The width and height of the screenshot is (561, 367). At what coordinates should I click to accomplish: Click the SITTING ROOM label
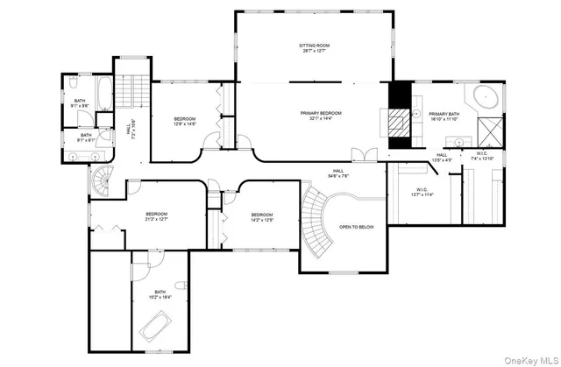point(313,46)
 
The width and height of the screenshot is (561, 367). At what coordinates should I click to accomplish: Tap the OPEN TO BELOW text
point(357,226)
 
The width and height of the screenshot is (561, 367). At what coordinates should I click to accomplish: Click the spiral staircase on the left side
point(100,181)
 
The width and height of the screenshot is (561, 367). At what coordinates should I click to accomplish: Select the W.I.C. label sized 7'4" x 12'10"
point(483,155)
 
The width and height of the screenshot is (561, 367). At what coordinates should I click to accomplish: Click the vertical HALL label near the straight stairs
point(128,129)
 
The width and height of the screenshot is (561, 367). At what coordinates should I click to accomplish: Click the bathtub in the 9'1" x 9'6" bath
point(102,93)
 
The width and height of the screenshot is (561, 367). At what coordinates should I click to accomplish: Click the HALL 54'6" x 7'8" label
point(338,172)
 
